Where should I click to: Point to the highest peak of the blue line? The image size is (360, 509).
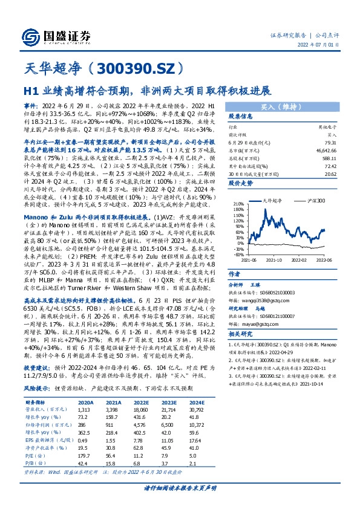pyautogui.click(x=266, y=209)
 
